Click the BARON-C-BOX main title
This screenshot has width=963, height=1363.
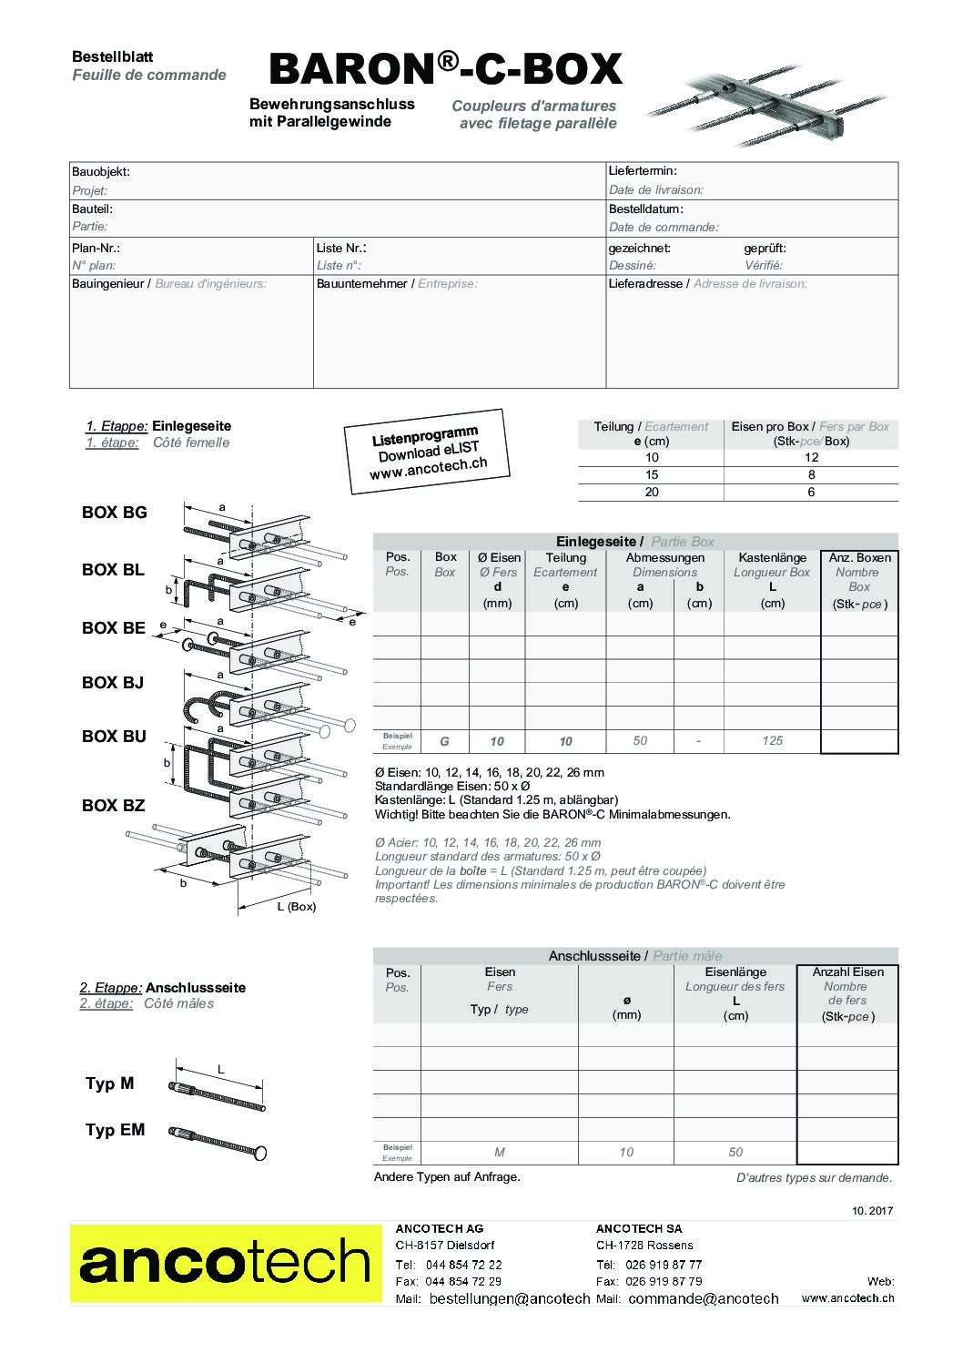pyautogui.click(x=445, y=69)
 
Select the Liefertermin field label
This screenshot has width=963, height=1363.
pyautogui.click(x=643, y=171)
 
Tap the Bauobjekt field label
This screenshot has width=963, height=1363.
pyautogui.click(x=101, y=171)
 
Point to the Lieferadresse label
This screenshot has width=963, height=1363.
pyautogui.click(x=646, y=284)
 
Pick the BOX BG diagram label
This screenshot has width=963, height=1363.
pyautogui.click(x=114, y=513)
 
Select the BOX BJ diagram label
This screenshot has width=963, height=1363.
pyautogui.click(x=113, y=683)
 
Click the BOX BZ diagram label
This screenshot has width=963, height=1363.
pyautogui.click(x=113, y=806)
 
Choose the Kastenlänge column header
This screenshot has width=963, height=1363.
pyautogui.click(x=772, y=558)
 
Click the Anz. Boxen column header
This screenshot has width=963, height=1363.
pyautogui.click(x=858, y=558)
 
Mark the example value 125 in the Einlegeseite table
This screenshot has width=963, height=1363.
pyautogui.click(x=772, y=741)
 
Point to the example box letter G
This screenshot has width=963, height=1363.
pyautogui.click(x=444, y=741)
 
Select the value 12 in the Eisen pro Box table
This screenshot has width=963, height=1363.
pyautogui.click(x=811, y=458)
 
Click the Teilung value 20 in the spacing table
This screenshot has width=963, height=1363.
pyautogui.click(x=652, y=493)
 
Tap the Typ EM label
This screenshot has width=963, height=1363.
pyautogui.click(x=115, y=1131)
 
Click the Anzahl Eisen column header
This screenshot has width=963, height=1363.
pyautogui.click(x=846, y=972)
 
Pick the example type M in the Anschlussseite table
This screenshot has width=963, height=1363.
pyautogui.click(x=499, y=1153)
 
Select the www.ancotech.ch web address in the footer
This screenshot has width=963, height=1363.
pyautogui.click(x=847, y=1299)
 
